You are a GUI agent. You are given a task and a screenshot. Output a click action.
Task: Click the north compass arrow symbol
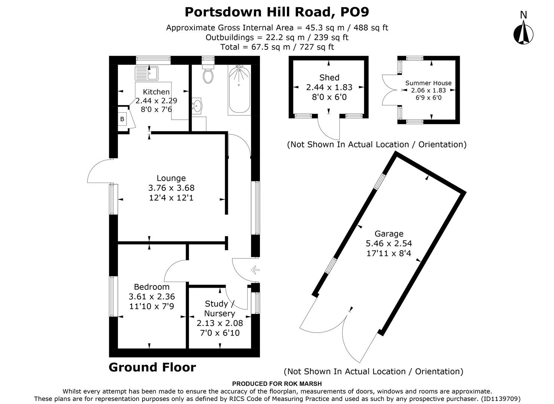click(x=523, y=33)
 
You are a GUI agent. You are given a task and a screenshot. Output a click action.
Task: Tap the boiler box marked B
click(x=122, y=119)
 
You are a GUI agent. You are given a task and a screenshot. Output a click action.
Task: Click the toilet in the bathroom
click(x=208, y=74)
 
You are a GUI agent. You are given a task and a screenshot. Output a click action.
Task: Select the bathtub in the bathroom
click(x=239, y=90)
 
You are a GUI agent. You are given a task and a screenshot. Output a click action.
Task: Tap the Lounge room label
click(x=171, y=178)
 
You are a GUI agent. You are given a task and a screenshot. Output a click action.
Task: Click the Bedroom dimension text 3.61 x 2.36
click(x=151, y=297)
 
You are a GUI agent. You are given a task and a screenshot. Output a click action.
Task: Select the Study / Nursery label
click(x=220, y=309)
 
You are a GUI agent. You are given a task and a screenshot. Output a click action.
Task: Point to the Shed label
click(x=329, y=78)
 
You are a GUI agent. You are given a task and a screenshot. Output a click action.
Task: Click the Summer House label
click(x=428, y=83)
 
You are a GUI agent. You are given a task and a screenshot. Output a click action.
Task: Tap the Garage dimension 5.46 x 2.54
click(x=389, y=244)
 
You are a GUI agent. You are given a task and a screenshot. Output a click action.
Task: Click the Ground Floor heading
click(x=152, y=367)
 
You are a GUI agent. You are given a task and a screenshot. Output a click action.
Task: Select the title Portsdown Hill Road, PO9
click(x=277, y=12)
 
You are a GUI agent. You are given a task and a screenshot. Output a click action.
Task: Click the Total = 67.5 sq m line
click(x=277, y=47)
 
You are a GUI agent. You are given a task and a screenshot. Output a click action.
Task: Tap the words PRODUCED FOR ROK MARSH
click(x=277, y=383)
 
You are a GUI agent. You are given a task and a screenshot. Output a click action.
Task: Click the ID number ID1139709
click(x=500, y=399)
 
